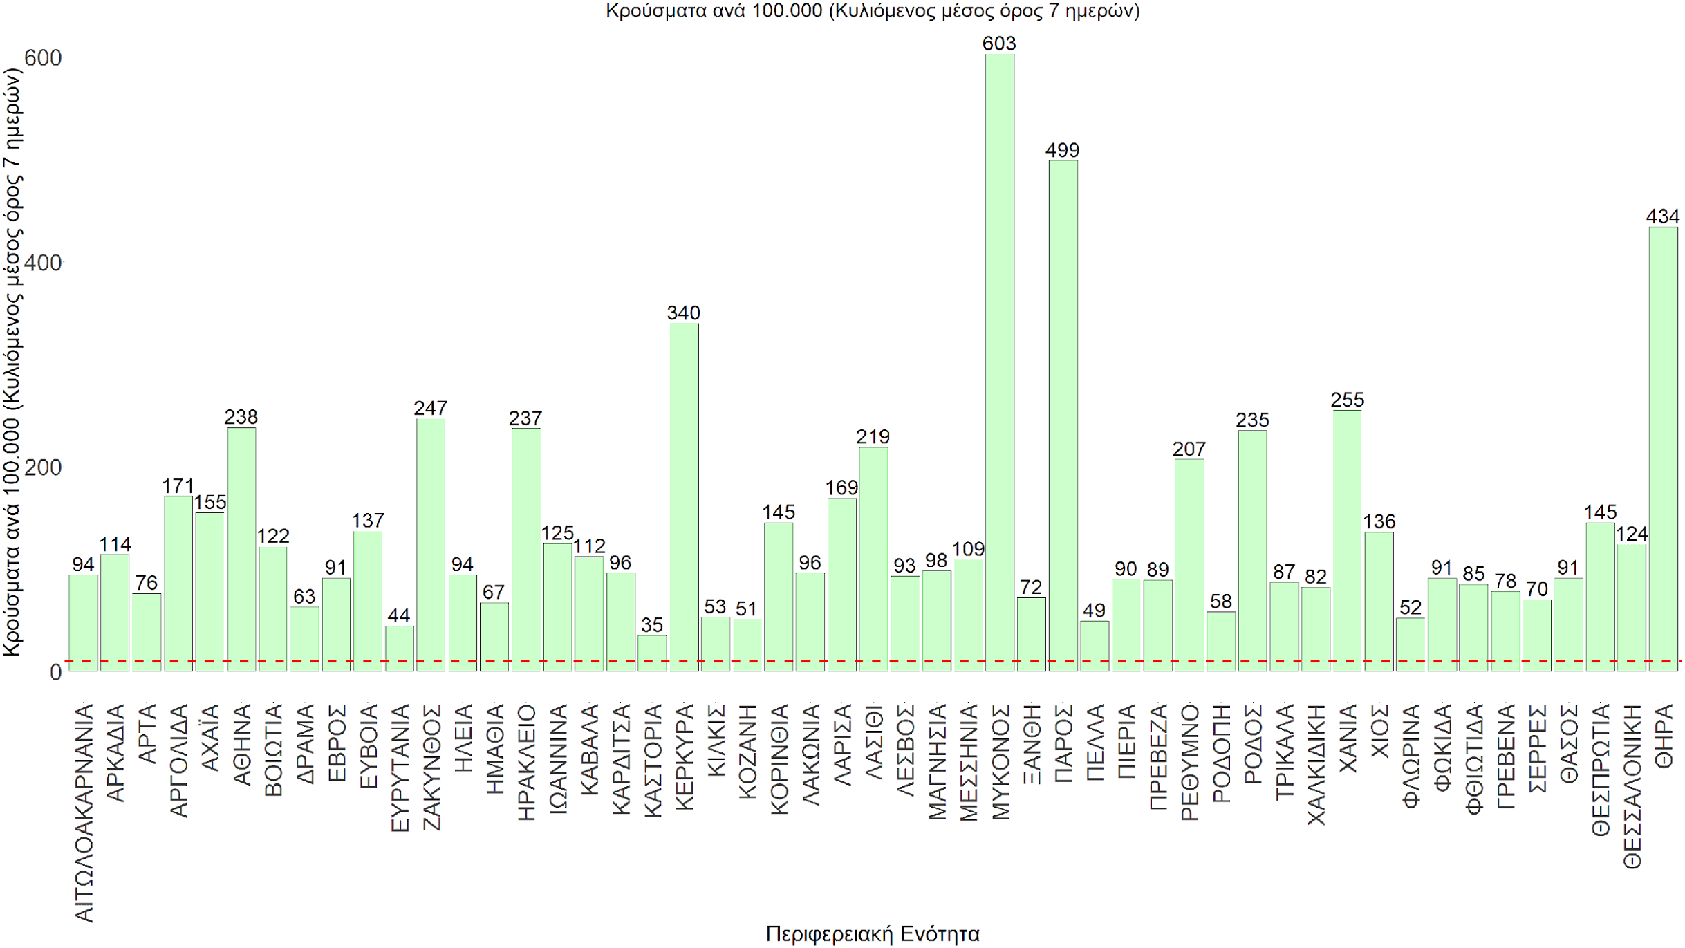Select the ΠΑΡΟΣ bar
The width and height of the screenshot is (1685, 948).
(x=1063, y=415)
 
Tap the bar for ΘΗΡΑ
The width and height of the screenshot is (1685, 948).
(x=1663, y=449)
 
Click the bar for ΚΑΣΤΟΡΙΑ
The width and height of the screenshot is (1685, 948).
(x=652, y=653)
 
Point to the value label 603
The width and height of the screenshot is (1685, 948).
(x=999, y=44)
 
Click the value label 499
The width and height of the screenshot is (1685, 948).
(x=1063, y=150)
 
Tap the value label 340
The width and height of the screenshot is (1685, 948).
(x=684, y=313)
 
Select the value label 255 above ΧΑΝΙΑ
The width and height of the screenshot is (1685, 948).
(x=1348, y=400)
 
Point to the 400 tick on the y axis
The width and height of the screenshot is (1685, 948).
(x=43, y=263)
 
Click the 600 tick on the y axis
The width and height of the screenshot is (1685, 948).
(x=43, y=58)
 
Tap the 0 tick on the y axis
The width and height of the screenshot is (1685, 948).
(x=55, y=672)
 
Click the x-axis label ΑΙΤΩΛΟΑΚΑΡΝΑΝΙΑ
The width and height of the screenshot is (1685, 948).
(x=84, y=813)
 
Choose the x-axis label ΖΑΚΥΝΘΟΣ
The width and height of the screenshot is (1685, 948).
(x=431, y=767)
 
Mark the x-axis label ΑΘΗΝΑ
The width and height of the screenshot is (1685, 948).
(x=242, y=744)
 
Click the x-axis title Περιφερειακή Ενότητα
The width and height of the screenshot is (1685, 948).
(x=873, y=934)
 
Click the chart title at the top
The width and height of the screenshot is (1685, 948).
(x=873, y=10)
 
